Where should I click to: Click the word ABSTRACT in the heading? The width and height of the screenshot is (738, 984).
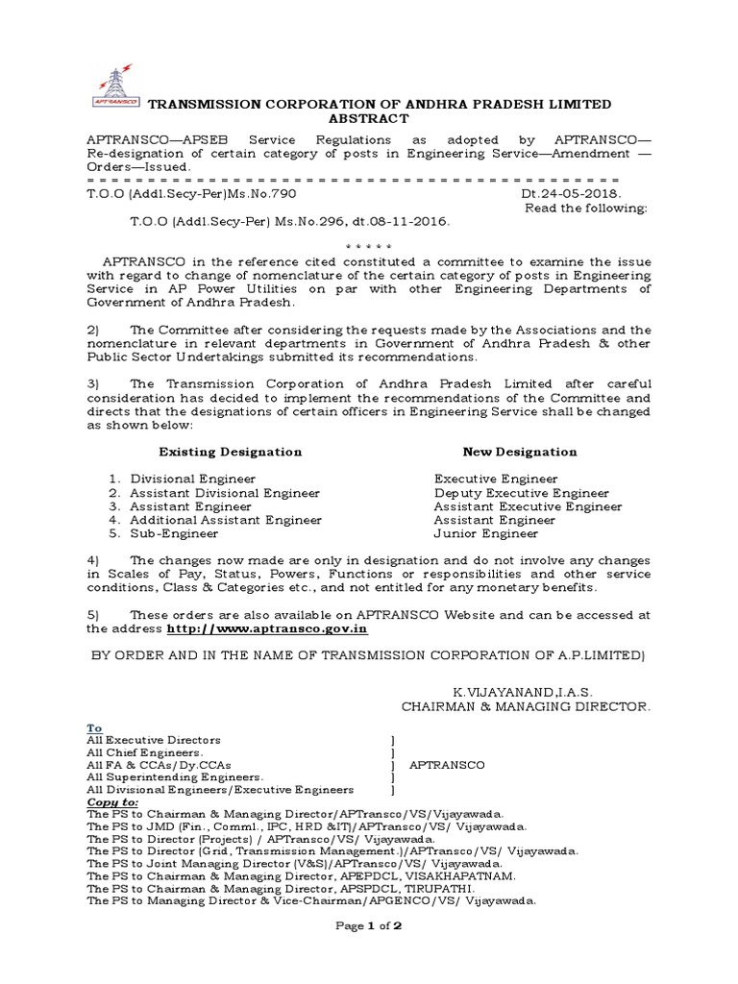tap(369, 118)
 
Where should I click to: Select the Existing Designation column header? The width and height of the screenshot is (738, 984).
tap(230, 451)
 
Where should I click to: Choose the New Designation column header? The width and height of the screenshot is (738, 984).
tap(520, 451)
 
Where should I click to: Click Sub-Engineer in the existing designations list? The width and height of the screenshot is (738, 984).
tap(176, 533)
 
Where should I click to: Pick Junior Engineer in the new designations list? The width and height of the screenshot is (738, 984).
tap(486, 533)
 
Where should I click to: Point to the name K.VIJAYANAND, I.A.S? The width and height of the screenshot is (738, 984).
tap(524, 692)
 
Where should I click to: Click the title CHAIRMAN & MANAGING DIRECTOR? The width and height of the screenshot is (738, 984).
tap(526, 706)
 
